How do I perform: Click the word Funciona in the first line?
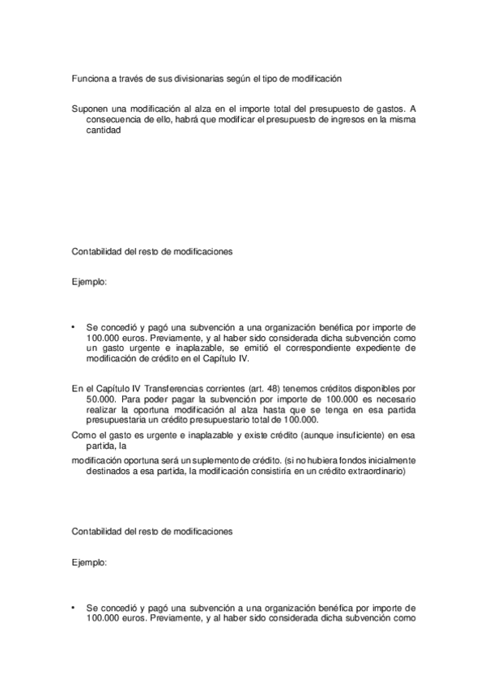point(88,79)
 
